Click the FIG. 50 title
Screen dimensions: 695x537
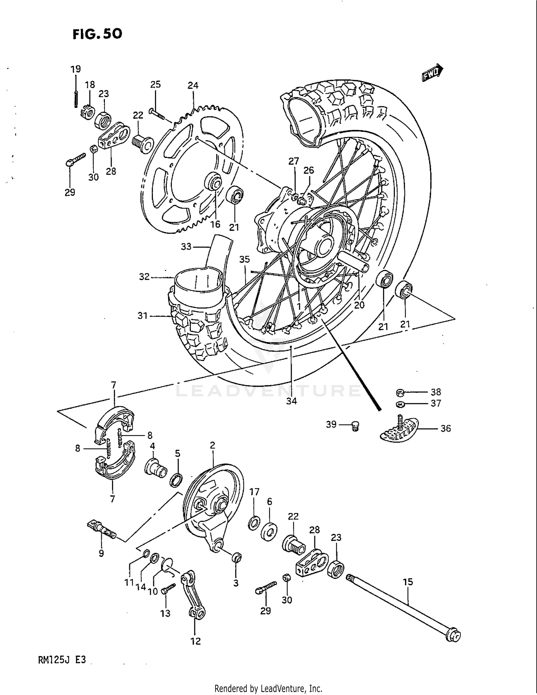[97, 34]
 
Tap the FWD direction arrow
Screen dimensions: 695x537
[432, 73]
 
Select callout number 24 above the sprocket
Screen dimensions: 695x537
[193, 86]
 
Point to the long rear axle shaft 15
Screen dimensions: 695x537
[401, 605]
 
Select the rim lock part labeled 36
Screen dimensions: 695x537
[399, 429]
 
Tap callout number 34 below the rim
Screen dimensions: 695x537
[291, 401]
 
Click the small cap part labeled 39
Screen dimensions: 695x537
[355, 426]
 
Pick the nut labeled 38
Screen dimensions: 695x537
[400, 393]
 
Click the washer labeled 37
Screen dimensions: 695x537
[400, 404]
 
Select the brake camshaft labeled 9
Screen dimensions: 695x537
[102, 531]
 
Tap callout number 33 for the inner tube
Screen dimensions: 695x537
[186, 247]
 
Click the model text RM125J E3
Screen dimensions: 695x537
[62, 660]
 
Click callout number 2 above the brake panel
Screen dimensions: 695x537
[212, 445]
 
